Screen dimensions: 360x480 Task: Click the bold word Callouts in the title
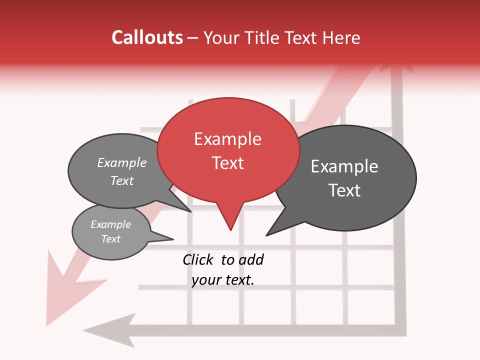coord(147,37)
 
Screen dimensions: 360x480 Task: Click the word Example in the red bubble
coord(227,139)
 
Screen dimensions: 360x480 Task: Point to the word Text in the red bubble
coord(228,163)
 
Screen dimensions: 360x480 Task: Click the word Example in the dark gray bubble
coord(344,166)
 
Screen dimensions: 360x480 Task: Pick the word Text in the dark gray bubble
coord(344,190)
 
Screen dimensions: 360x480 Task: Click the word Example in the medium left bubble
coord(122,162)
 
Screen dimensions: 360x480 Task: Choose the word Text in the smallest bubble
coord(111,239)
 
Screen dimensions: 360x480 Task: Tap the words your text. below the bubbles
coord(223,280)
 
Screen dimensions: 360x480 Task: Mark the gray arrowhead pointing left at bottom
coord(107,327)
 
